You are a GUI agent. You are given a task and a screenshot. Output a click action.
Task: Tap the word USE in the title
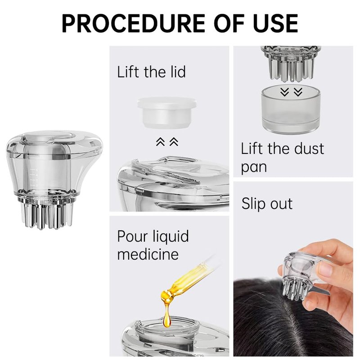(x=276, y=23)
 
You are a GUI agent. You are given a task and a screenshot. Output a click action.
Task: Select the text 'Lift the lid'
(x=151, y=72)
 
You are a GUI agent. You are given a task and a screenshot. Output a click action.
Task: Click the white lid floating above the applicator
(x=166, y=112)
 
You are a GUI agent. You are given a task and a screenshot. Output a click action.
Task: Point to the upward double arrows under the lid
(x=167, y=142)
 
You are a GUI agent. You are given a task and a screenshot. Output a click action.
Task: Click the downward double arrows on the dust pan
(x=291, y=92)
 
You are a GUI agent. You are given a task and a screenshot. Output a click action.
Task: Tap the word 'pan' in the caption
(x=254, y=167)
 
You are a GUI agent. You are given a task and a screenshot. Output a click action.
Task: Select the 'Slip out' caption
(x=267, y=203)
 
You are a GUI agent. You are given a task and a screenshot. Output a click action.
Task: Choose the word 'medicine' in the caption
(x=148, y=254)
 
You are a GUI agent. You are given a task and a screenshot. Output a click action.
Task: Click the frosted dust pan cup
(x=291, y=110)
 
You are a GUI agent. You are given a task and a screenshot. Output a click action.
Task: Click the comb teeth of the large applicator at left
(x=48, y=216)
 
